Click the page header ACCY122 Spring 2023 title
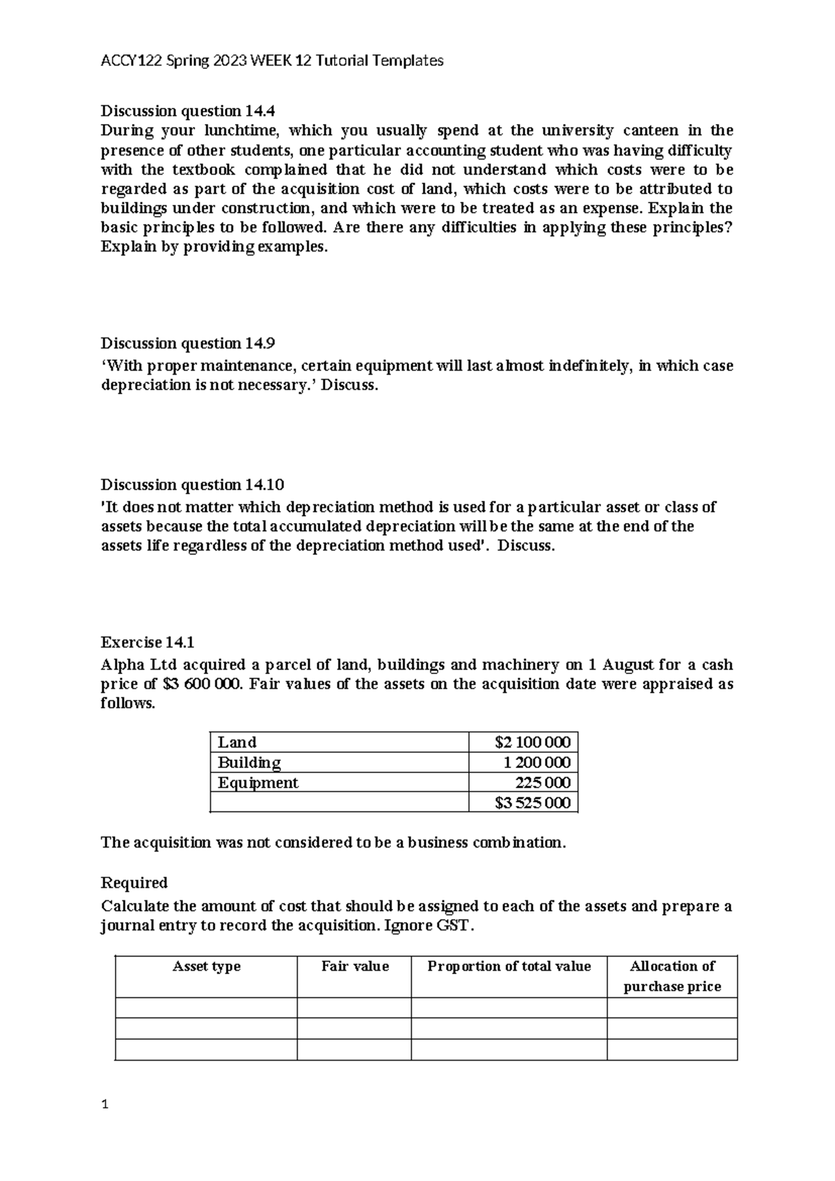click(272, 61)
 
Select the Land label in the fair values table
click(237, 742)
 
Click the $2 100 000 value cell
click(532, 742)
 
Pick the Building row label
click(249, 762)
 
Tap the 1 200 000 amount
click(537, 762)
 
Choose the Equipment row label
click(257, 783)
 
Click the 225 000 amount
click(543, 783)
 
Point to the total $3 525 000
click(532, 803)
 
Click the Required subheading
click(134, 883)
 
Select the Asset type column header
click(207, 967)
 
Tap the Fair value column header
click(355, 967)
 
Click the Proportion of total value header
click(509, 967)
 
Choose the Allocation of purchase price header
click(672, 976)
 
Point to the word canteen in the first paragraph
click(650, 130)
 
